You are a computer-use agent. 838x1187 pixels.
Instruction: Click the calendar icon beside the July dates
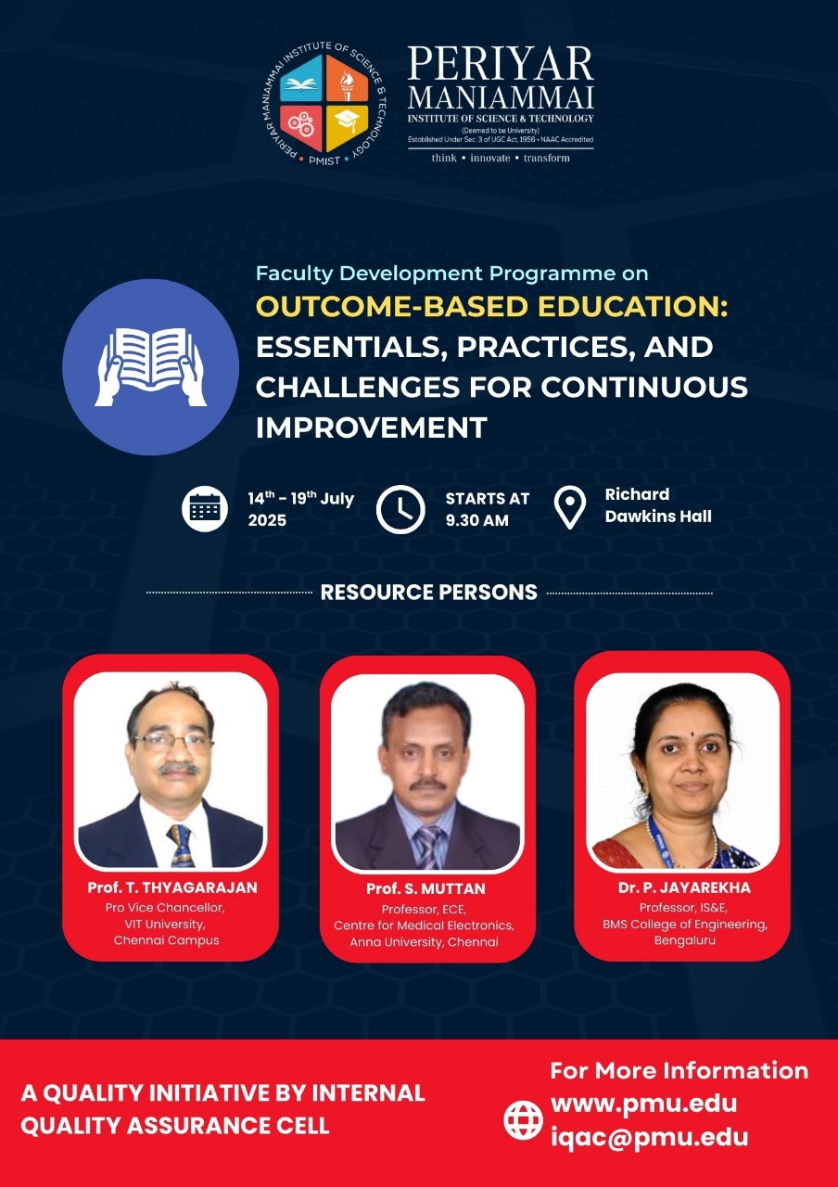pos(205,508)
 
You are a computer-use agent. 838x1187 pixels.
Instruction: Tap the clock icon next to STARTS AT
pos(400,509)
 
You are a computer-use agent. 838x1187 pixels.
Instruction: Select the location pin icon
pos(569,507)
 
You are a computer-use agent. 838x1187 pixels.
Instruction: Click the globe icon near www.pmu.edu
pos(524,1120)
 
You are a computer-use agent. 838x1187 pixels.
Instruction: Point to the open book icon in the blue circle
pos(151,366)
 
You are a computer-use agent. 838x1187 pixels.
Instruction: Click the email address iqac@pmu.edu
pos(650,1136)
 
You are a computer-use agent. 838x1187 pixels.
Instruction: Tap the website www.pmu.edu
pos(643,1104)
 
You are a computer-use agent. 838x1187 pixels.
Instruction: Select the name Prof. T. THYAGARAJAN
pos(172,887)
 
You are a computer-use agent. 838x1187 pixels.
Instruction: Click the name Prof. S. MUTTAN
pos(425,888)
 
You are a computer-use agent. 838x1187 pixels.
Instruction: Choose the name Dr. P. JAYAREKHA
pos(684,887)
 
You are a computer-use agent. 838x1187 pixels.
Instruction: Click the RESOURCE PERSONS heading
pos(428,592)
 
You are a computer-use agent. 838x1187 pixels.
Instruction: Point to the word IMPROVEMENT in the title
pos(372,428)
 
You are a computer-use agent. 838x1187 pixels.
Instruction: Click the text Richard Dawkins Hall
pos(658,505)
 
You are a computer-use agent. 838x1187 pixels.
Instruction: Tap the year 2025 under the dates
pos(267,520)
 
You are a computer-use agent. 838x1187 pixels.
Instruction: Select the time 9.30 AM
pos(476,520)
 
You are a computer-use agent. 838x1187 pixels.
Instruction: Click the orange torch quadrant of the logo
pos(347,79)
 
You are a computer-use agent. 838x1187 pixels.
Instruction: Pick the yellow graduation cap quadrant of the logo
pos(347,127)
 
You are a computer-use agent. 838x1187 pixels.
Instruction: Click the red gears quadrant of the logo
pos(301,127)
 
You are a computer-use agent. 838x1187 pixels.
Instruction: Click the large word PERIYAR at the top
pos(500,64)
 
